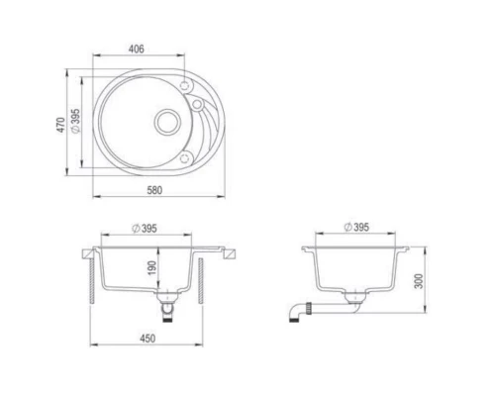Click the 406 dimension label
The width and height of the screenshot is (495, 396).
coord(137,49)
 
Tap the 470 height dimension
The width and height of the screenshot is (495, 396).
coord(60,125)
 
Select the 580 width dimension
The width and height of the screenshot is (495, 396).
coord(154,190)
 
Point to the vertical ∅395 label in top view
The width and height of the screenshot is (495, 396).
coord(75,121)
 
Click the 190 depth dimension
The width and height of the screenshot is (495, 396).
coord(151,268)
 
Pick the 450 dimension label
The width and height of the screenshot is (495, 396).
coord(148,339)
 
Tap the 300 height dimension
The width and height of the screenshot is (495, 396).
coord(419,281)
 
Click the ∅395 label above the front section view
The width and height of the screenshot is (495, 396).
coord(145,229)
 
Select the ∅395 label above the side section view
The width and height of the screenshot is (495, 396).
coord(356,227)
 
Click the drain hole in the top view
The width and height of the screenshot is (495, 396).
coord(167,122)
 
